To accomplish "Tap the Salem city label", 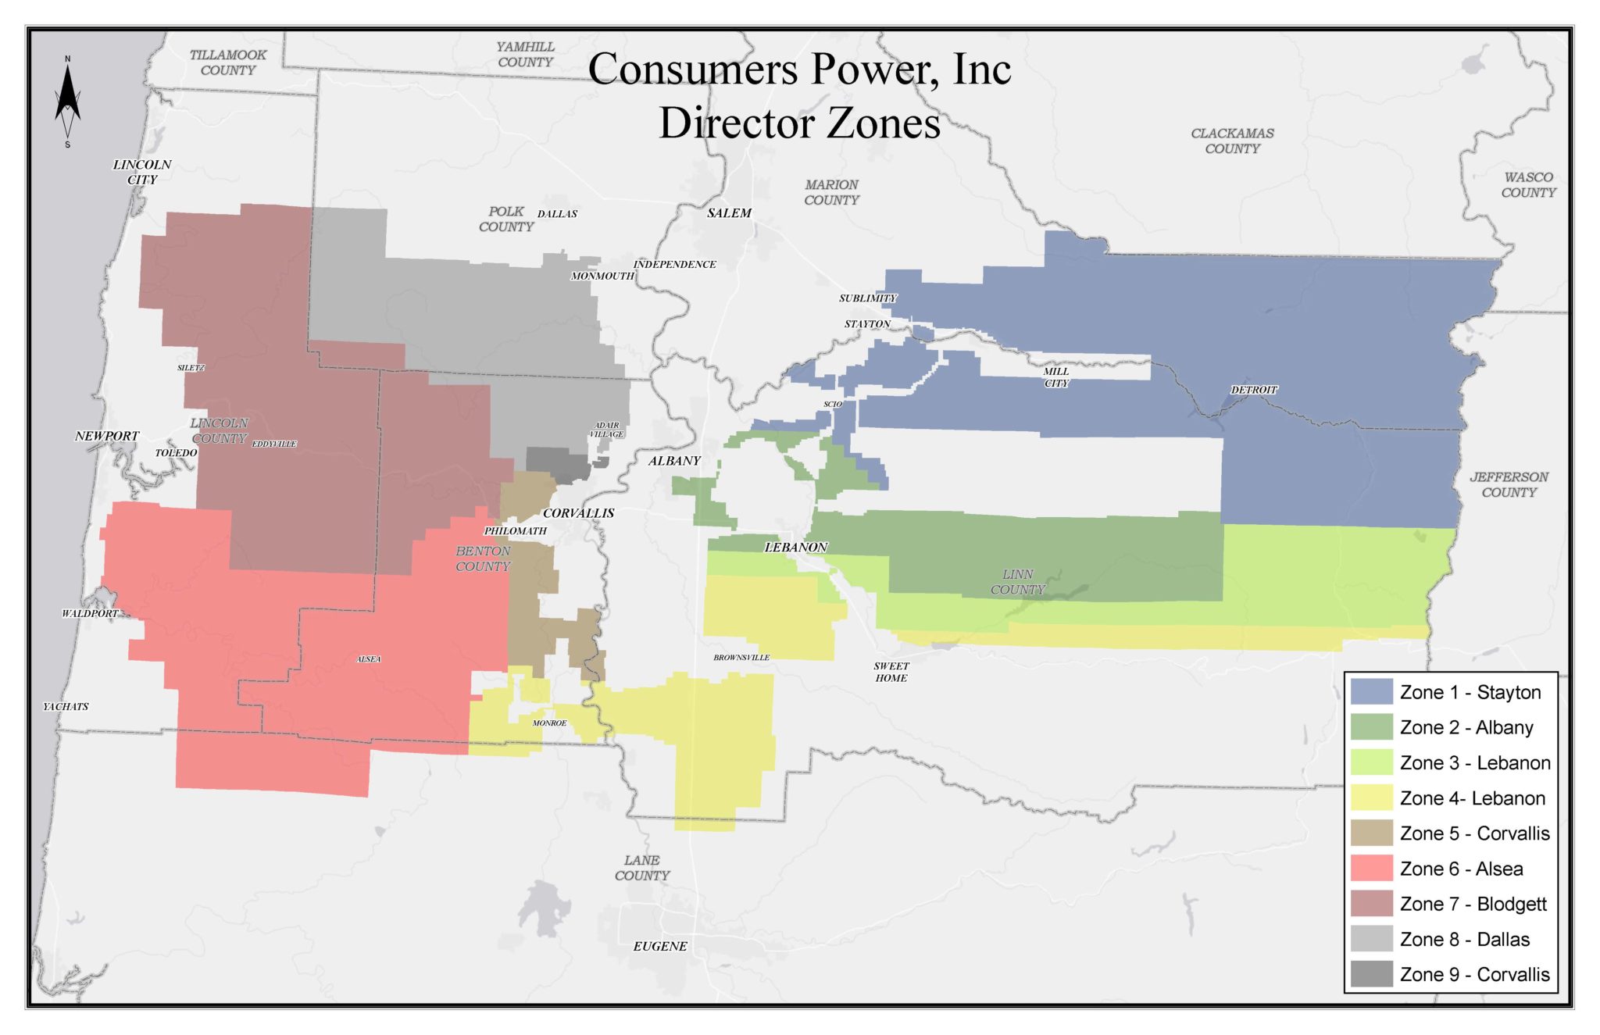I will point(729,213).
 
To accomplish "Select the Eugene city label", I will point(660,947).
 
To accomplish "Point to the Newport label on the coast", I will point(107,436).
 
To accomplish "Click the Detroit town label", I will point(1254,390).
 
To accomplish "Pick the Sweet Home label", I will point(891,672).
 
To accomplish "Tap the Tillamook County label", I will point(228,62).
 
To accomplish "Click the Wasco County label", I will point(1528,185).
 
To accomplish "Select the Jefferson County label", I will point(1509,484).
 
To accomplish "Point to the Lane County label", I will point(642,868).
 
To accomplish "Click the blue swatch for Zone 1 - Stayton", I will point(1371,692).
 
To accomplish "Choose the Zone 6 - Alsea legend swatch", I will point(1371,869).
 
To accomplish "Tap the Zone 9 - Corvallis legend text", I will point(1474,975).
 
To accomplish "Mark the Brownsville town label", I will point(741,658).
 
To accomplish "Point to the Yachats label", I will point(66,707).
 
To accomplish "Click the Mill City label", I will point(1056,377).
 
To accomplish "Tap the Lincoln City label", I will point(142,172).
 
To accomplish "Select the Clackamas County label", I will point(1232,141).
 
